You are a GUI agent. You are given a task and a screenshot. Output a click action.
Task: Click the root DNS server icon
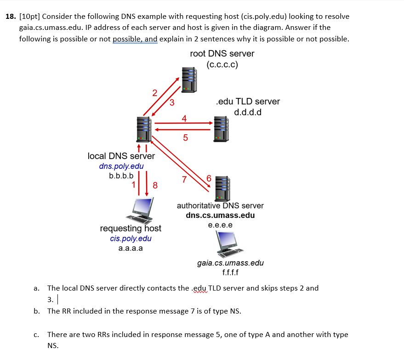[x=189, y=80]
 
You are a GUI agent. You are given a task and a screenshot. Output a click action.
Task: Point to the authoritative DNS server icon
[x=222, y=189]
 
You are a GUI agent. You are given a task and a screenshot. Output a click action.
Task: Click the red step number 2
[x=154, y=93]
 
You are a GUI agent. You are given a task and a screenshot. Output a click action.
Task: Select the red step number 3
[x=171, y=102]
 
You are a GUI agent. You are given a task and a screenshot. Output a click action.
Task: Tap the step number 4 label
[x=184, y=118]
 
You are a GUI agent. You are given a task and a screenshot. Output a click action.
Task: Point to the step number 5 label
[x=185, y=137]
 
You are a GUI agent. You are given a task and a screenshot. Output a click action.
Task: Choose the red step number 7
[x=184, y=179]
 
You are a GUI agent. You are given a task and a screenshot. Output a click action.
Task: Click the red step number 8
[x=155, y=186]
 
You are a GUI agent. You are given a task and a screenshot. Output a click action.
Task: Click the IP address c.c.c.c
[x=222, y=64]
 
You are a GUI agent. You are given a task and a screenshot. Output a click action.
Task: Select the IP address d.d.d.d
[x=248, y=112]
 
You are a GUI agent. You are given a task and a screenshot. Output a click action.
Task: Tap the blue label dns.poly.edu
[x=121, y=166]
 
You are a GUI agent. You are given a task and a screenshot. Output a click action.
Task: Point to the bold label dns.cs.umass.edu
[x=220, y=215]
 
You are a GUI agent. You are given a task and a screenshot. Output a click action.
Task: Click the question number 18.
[x=11, y=17]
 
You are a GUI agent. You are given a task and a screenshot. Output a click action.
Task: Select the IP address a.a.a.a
[x=131, y=248]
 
